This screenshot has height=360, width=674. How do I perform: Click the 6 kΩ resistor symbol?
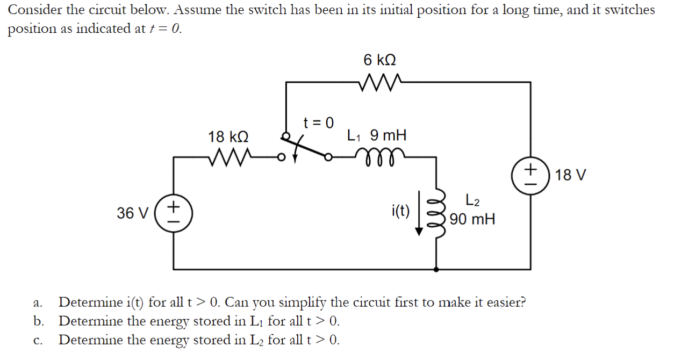[x=379, y=82]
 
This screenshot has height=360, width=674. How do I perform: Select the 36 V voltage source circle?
[x=174, y=213]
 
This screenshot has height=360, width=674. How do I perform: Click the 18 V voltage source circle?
[x=531, y=175]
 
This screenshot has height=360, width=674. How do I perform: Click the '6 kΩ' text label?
[x=380, y=59]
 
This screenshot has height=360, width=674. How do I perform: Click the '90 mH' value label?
[x=472, y=219]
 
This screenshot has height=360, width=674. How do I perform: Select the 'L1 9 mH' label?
[x=376, y=135]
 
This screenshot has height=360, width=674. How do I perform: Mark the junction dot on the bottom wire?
[x=436, y=268]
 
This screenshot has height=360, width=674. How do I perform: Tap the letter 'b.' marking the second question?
[x=38, y=321]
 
